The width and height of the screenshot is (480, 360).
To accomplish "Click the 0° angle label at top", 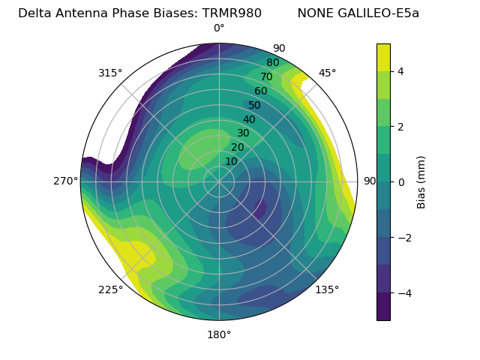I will (219, 28).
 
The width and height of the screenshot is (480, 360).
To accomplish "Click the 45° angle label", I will (327, 73).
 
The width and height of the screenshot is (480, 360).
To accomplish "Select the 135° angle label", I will (327, 289).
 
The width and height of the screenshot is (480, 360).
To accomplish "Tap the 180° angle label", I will (219, 334).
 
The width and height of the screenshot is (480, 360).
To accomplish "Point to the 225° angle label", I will (110, 289).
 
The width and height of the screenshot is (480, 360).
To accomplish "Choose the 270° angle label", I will (65, 181).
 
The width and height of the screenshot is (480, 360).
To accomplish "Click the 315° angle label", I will (110, 73).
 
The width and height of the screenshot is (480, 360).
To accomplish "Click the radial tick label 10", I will (231, 161).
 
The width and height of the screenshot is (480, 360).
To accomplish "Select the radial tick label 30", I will (243, 133).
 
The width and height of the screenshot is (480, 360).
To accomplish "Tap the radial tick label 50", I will (254, 106).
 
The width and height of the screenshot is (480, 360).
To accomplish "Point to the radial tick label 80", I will (272, 63).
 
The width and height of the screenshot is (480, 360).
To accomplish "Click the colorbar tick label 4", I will (401, 71).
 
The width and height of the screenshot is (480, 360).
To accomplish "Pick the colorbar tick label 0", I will (401, 182).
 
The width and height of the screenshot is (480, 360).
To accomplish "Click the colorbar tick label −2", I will (404, 238).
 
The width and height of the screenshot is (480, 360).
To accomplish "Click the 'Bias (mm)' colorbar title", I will (421, 182).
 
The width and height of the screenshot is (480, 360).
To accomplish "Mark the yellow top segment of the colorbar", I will (383, 57).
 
